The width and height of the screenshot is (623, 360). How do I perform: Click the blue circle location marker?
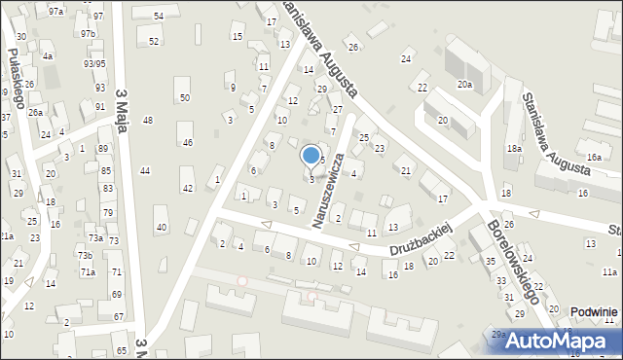click(311, 155)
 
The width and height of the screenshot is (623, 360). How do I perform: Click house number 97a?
click(56, 11)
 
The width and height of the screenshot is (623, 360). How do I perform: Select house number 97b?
click(88, 33)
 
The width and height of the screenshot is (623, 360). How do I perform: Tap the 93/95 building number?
click(94, 63)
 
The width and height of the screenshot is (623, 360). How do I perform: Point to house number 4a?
click(47, 56)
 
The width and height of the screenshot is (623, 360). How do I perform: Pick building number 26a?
click(35, 112)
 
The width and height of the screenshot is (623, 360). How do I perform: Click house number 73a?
click(95, 237)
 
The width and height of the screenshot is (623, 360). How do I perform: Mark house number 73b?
click(86, 255)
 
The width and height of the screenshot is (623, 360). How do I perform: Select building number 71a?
click(88, 272)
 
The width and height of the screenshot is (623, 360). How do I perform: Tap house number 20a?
click(465, 85)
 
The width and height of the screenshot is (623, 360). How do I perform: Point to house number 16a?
click(594, 157)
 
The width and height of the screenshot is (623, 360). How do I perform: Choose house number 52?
click(154, 41)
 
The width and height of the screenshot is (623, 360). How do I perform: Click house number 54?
click(158, 18)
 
